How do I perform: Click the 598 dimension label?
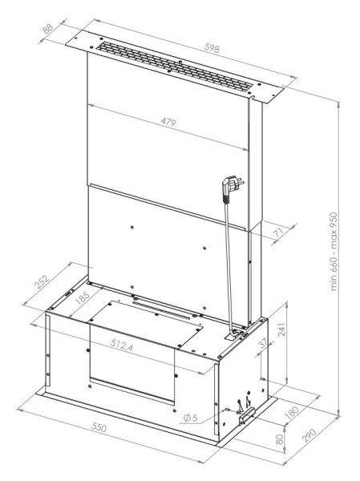[x=212, y=48]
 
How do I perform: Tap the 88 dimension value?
[x=48, y=29]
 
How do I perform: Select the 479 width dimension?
[x=168, y=122]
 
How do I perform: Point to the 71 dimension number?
[x=278, y=233]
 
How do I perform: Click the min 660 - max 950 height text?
[x=334, y=252]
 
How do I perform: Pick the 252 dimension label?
[x=42, y=282]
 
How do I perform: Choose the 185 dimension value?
[x=83, y=297]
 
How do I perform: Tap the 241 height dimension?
[x=281, y=329]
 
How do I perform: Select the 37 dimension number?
[x=263, y=344]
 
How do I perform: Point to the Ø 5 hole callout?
[x=191, y=418]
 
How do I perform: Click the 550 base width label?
[x=99, y=427]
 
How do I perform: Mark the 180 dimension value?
[x=292, y=413]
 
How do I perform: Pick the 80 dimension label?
[x=279, y=439]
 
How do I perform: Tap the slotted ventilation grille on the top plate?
[x=176, y=67]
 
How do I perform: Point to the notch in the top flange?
[x=253, y=98]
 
